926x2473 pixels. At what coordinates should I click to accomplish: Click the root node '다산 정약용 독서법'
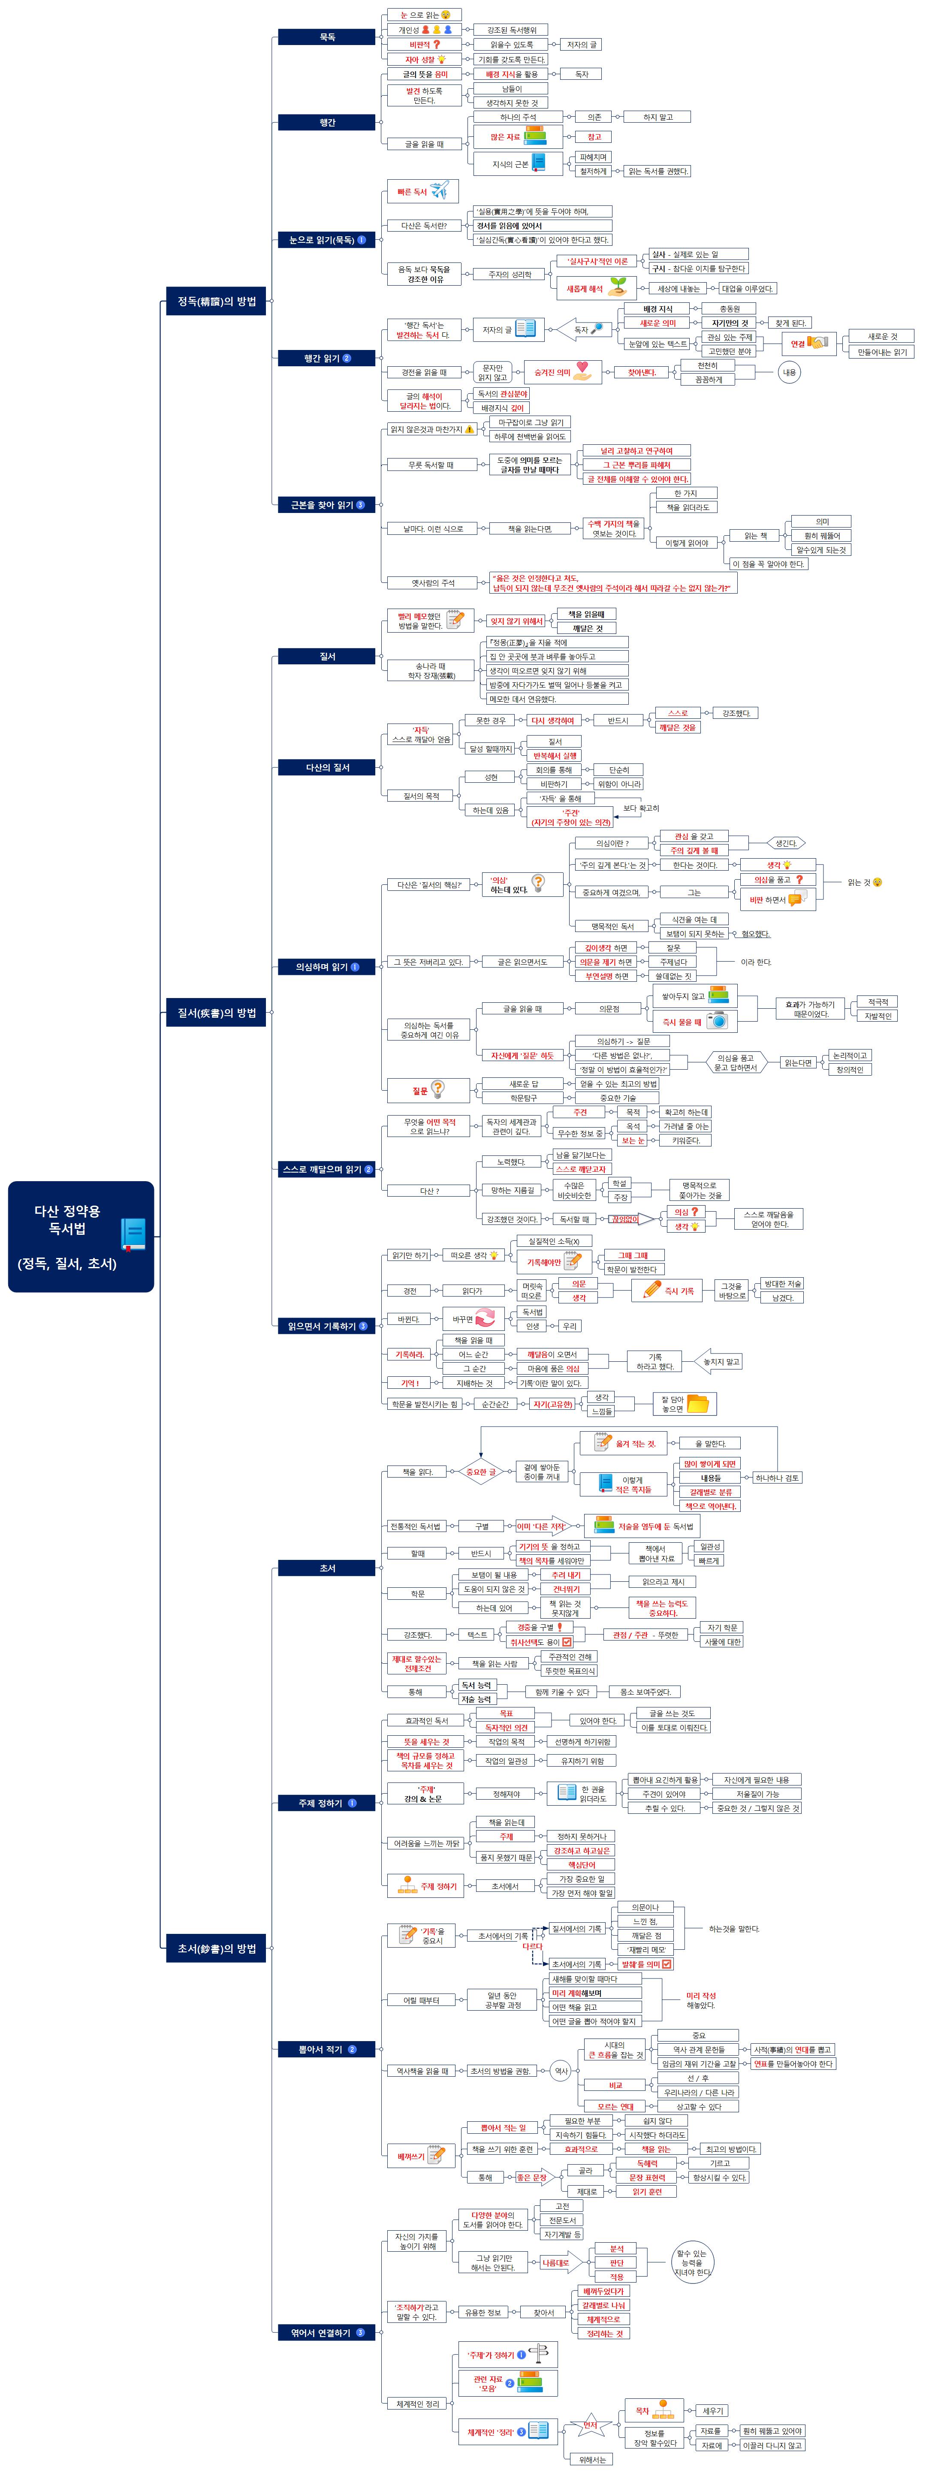click(x=67, y=1236)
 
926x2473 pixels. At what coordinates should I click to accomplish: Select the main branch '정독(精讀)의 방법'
click(x=216, y=302)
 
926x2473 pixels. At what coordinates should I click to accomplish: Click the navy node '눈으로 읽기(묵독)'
click(x=326, y=240)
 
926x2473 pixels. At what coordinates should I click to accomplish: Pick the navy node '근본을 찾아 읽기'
click(x=326, y=504)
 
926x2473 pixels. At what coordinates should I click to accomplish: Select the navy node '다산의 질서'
click(x=326, y=767)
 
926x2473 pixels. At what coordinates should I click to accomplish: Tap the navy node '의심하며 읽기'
click(x=326, y=967)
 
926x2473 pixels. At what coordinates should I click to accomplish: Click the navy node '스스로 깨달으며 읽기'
click(x=326, y=1169)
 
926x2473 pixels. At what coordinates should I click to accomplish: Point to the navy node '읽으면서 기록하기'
click(x=326, y=1326)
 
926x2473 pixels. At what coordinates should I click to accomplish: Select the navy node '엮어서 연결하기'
click(x=326, y=2332)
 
